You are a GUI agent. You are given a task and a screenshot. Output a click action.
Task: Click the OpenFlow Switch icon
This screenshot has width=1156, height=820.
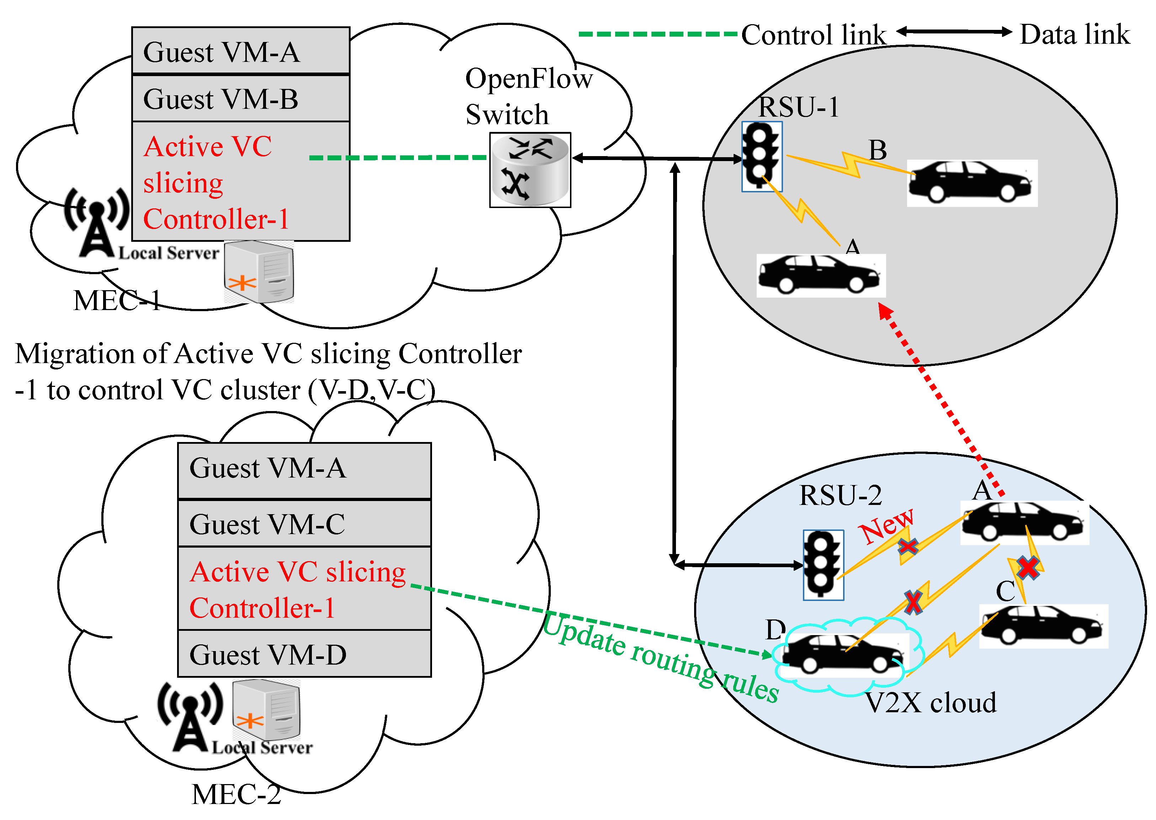click(x=530, y=170)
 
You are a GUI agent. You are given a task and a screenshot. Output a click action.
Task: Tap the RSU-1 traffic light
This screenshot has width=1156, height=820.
click(x=761, y=156)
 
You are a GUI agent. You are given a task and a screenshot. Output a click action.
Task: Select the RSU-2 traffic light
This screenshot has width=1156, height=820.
click(x=823, y=565)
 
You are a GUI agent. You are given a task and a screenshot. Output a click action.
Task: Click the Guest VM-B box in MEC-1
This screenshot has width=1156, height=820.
click(x=241, y=99)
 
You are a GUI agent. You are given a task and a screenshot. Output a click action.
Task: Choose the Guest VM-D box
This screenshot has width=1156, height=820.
click(x=304, y=654)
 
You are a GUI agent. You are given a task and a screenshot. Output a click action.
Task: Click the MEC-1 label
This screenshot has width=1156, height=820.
click(x=117, y=301)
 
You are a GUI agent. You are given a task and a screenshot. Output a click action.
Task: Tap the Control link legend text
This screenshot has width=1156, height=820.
click(x=813, y=35)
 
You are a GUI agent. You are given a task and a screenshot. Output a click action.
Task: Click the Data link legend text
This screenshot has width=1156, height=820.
click(x=1074, y=35)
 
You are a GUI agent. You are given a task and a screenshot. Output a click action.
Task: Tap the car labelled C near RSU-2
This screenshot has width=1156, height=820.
click(x=1043, y=626)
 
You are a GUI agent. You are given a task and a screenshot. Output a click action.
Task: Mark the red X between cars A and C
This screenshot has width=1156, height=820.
click(x=1028, y=568)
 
